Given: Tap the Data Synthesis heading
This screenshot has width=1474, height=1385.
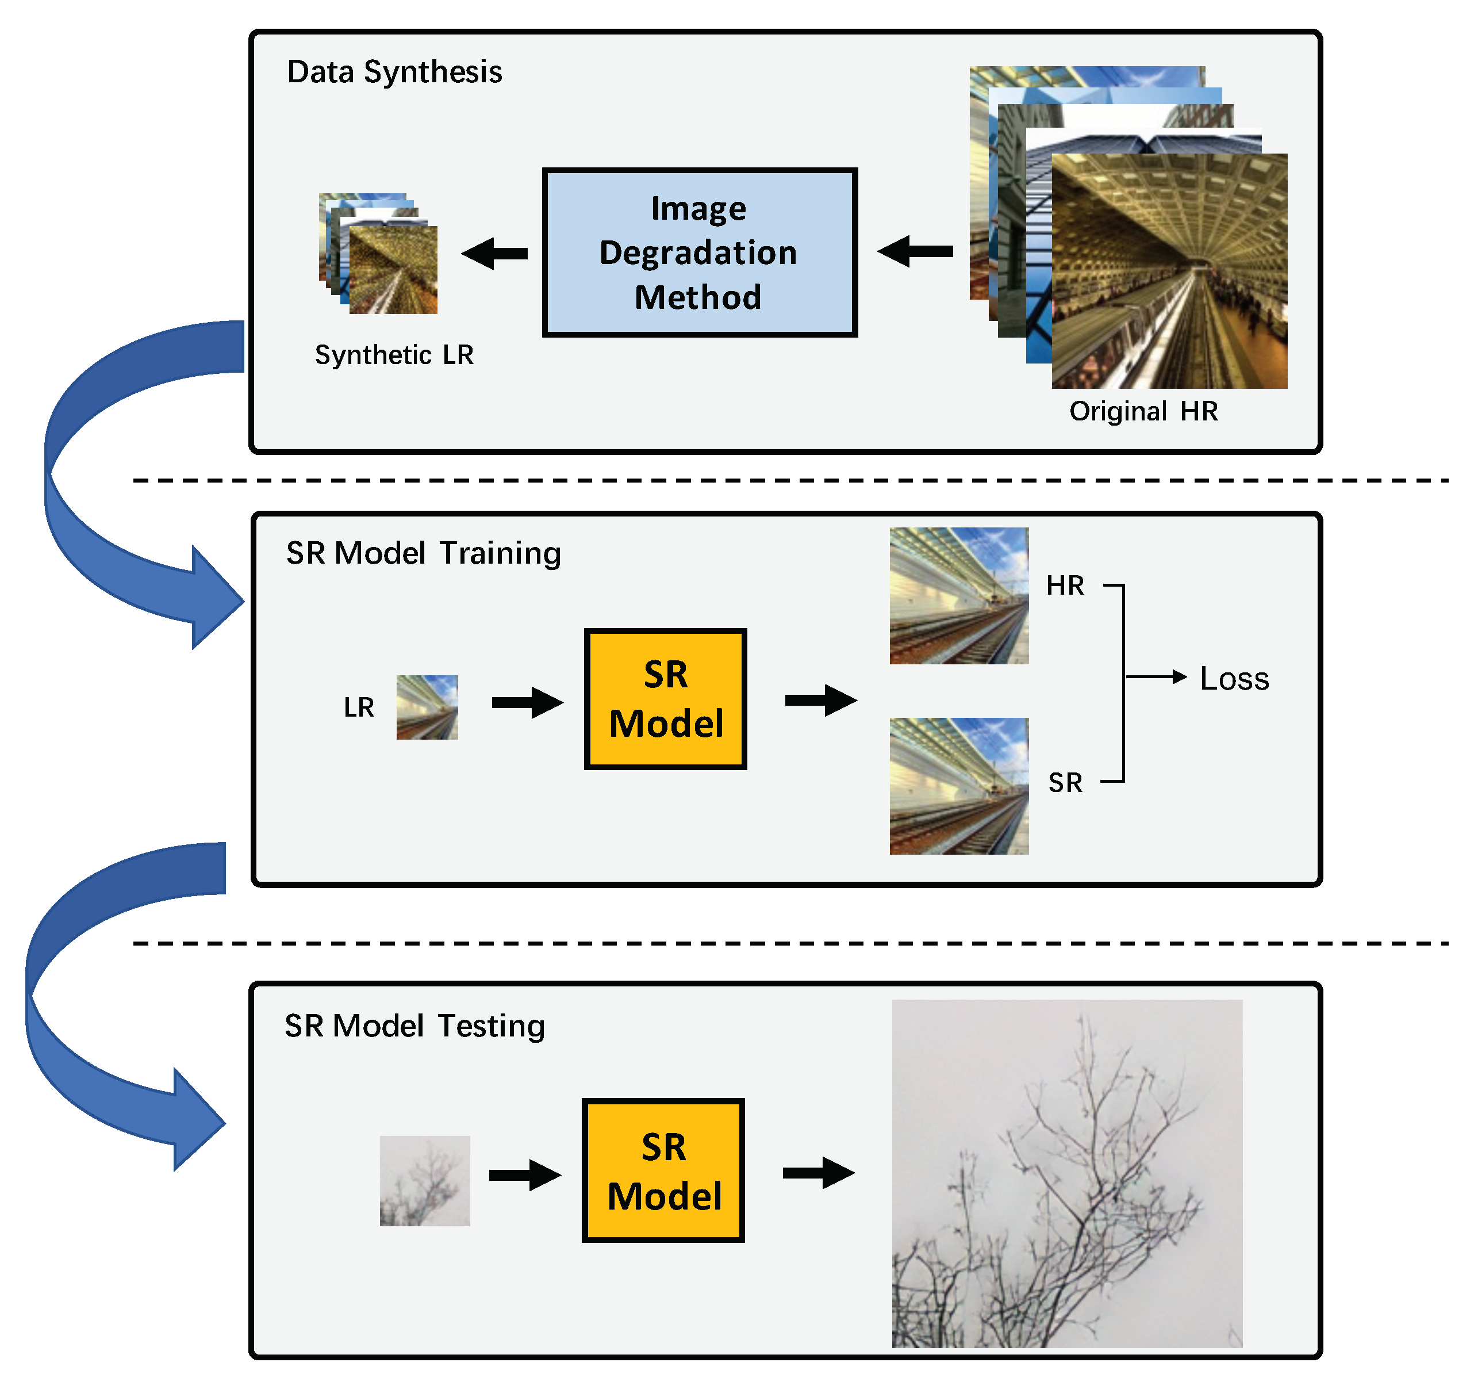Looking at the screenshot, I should (x=394, y=72).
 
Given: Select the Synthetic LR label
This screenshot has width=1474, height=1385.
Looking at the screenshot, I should (x=394, y=355).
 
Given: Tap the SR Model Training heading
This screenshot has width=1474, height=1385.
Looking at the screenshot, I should (x=423, y=553).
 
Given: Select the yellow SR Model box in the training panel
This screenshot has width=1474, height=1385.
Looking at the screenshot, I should (x=665, y=699).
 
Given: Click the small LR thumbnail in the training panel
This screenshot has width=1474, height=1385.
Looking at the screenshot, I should (x=427, y=707).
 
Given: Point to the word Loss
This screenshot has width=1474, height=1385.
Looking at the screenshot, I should (x=1234, y=679).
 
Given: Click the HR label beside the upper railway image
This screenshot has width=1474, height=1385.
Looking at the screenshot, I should (x=1065, y=586).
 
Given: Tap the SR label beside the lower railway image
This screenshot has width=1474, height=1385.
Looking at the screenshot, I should (x=1065, y=783).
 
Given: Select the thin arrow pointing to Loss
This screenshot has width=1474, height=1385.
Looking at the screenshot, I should (x=1157, y=676).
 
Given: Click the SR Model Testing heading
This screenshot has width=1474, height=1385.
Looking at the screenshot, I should (x=414, y=1026).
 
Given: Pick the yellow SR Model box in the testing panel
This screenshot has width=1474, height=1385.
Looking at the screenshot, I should (x=663, y=1170).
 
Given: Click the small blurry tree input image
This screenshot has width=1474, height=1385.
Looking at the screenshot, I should (x=425, y=1180).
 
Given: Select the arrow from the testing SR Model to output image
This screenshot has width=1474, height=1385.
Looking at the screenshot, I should (x=819, y=1173).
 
